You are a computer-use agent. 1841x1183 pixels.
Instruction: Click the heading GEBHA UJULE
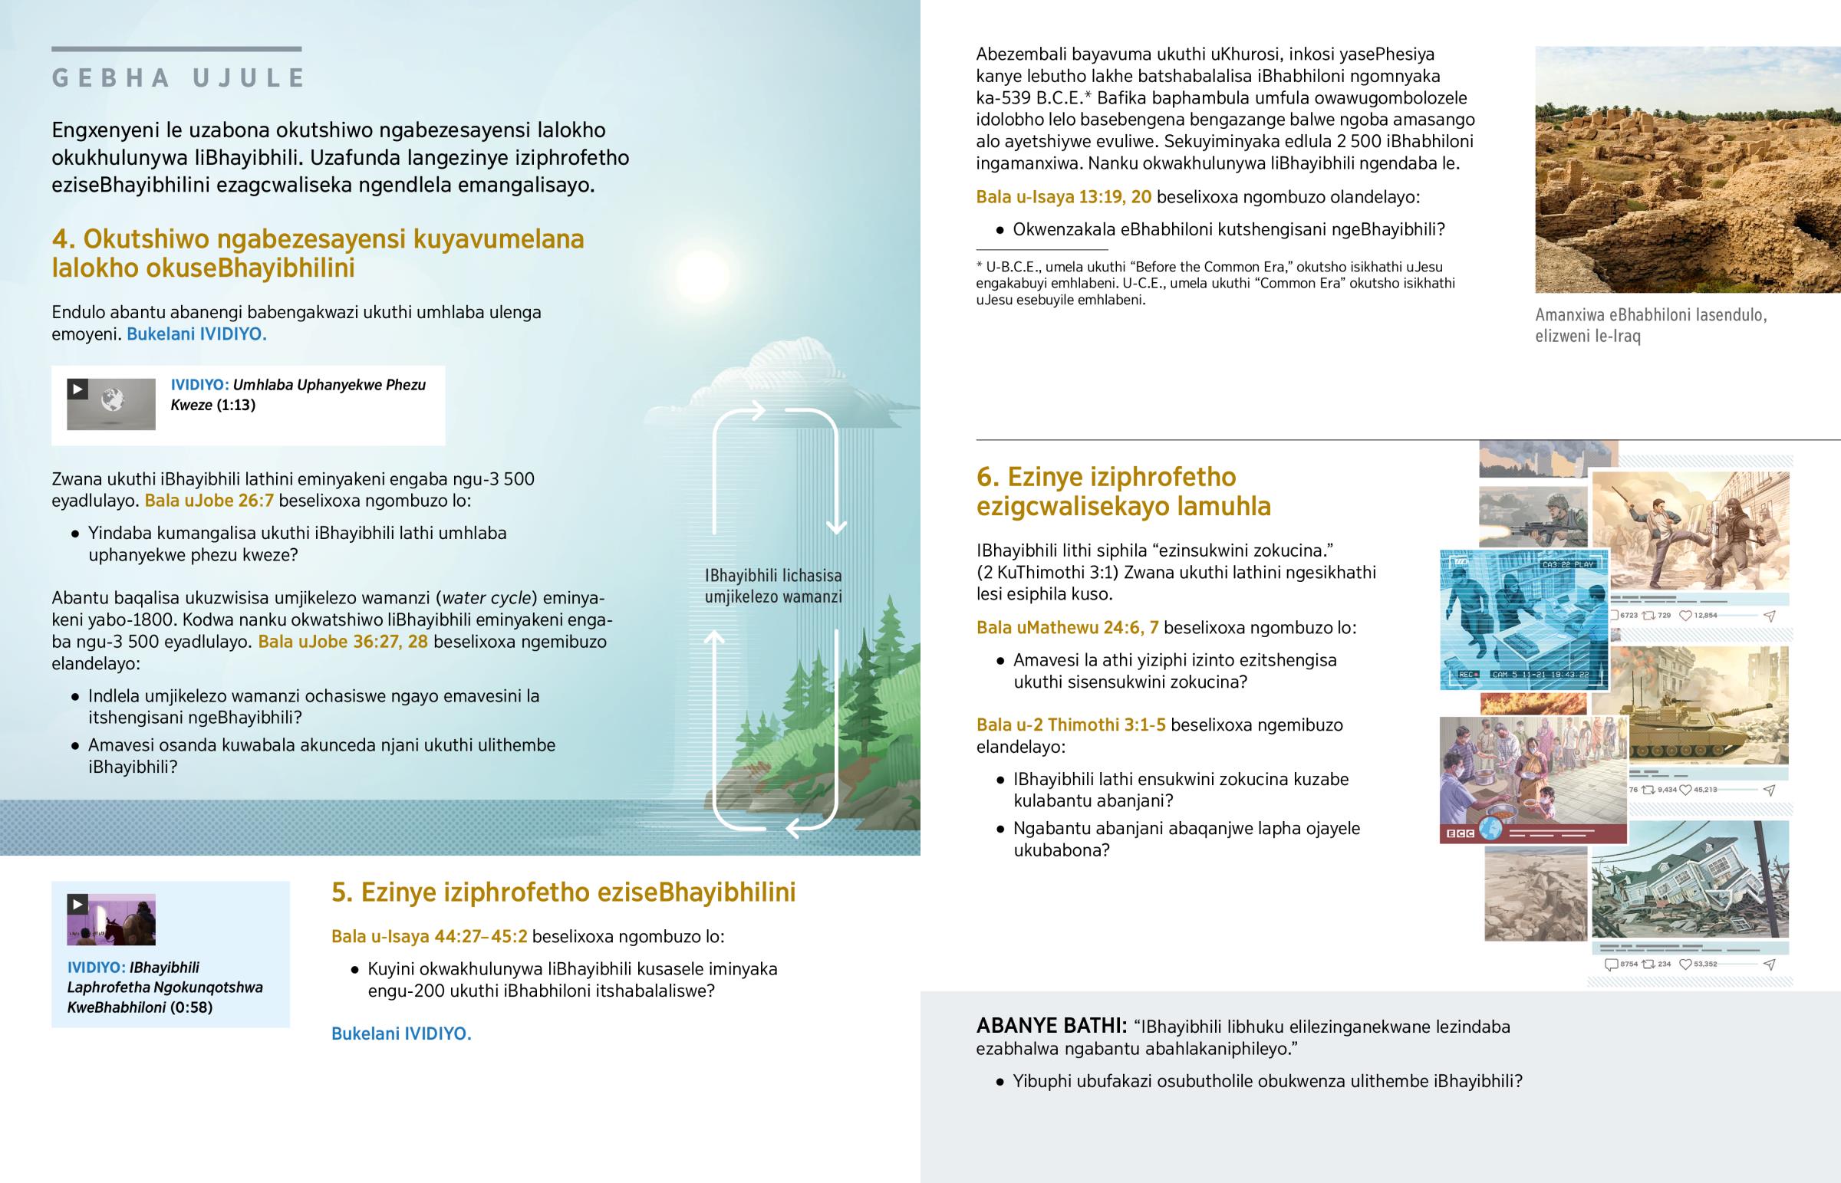(178, 78)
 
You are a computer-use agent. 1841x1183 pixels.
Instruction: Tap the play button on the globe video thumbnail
(77, 389)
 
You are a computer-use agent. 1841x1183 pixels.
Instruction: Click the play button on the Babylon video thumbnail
(77, 904)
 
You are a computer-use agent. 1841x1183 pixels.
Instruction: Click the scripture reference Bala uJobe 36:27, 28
(343, 642)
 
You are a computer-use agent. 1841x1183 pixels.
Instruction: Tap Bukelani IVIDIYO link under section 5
(401, 1034)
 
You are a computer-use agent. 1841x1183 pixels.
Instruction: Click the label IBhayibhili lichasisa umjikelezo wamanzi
(773, 586)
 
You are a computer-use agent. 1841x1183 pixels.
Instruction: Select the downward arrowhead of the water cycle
(836, 527)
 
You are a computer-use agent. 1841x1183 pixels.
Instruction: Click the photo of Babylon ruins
(1688, 169)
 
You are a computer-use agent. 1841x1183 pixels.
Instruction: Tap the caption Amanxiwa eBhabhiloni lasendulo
(1651, 325)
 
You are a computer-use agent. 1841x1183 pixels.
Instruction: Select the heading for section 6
(1122, 491)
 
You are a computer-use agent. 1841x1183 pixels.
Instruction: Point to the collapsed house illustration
(1691, 891)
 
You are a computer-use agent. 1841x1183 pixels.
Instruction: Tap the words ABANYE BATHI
(1050, 1027)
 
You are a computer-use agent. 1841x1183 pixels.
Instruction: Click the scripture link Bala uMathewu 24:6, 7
(1066, 629)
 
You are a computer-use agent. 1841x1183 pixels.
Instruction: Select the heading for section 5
(563, 892)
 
